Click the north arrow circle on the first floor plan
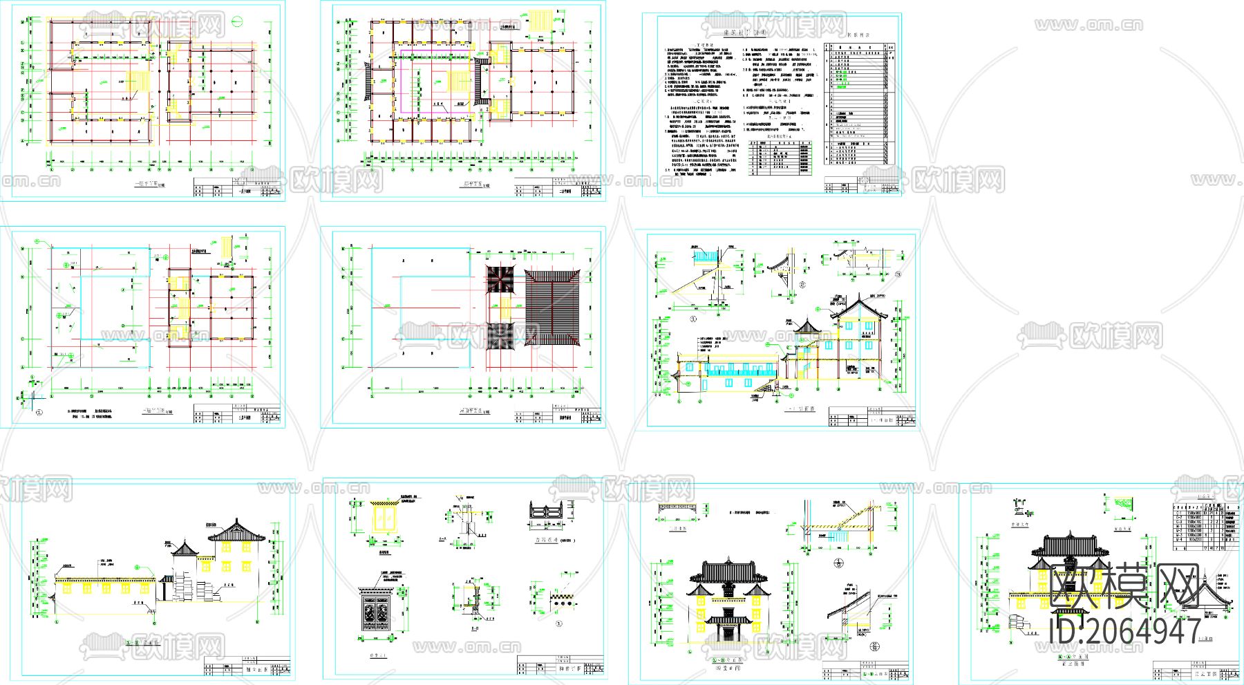coord(238,19)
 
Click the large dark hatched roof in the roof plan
coord(552,309)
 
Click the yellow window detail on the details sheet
coord(381,517)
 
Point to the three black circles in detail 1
coord(561,603)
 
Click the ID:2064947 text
coord(1124,631)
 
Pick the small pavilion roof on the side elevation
coord(185,550)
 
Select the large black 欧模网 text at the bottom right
coord(1124,587)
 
